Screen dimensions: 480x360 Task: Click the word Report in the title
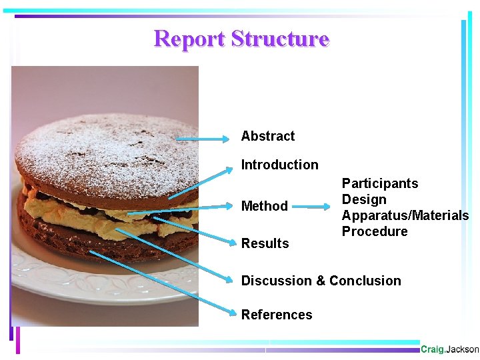[x=189, y=39]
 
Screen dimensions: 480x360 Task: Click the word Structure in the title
[x=280, y=39]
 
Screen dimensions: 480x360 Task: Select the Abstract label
[x=267, y=136]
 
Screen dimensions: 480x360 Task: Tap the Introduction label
[x=279, y=165]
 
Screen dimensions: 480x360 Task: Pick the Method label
[x=264, y=206]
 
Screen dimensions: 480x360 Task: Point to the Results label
[x=265, y=243]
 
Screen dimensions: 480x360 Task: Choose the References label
[x=276, y=315]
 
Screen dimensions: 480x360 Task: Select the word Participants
[x=380, y=183]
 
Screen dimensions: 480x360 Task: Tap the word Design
[x=364, y=199]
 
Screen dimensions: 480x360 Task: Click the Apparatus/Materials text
[x=405, y=215]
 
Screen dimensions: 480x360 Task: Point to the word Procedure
[x=375, y=231]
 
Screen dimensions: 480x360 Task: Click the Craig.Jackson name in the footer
[x=449, y=349]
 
